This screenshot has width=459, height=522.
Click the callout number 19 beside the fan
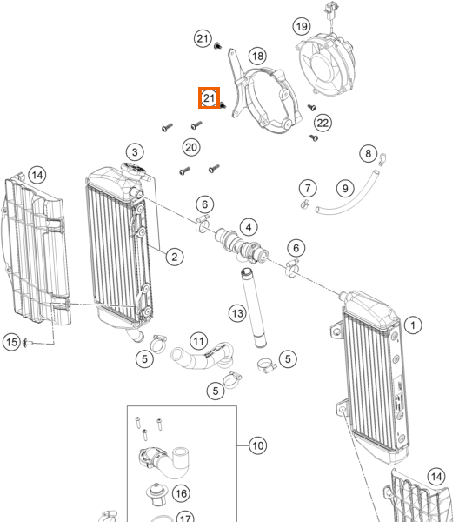(302, 26)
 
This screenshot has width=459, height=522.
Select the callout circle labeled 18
(258, 56)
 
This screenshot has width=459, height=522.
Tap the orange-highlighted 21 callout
(209, 97)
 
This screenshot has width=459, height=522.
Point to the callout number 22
(323, 123)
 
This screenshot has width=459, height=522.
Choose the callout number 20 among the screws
(191, 147)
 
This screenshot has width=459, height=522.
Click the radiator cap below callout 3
(133, 170)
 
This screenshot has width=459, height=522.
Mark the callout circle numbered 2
(174, 257)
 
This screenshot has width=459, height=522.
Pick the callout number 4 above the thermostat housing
(249, 227)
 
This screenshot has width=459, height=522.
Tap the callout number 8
(369, 153)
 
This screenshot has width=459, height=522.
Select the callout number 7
(308, 189)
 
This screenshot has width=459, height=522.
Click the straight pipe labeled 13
(254, 308)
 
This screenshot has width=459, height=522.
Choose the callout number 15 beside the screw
(11, 342)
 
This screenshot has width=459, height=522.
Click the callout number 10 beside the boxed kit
(258, 445)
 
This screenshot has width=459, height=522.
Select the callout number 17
(185, 517)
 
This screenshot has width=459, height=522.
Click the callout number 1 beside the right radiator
(413, 325)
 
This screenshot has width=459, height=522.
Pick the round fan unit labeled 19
(325, 65)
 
